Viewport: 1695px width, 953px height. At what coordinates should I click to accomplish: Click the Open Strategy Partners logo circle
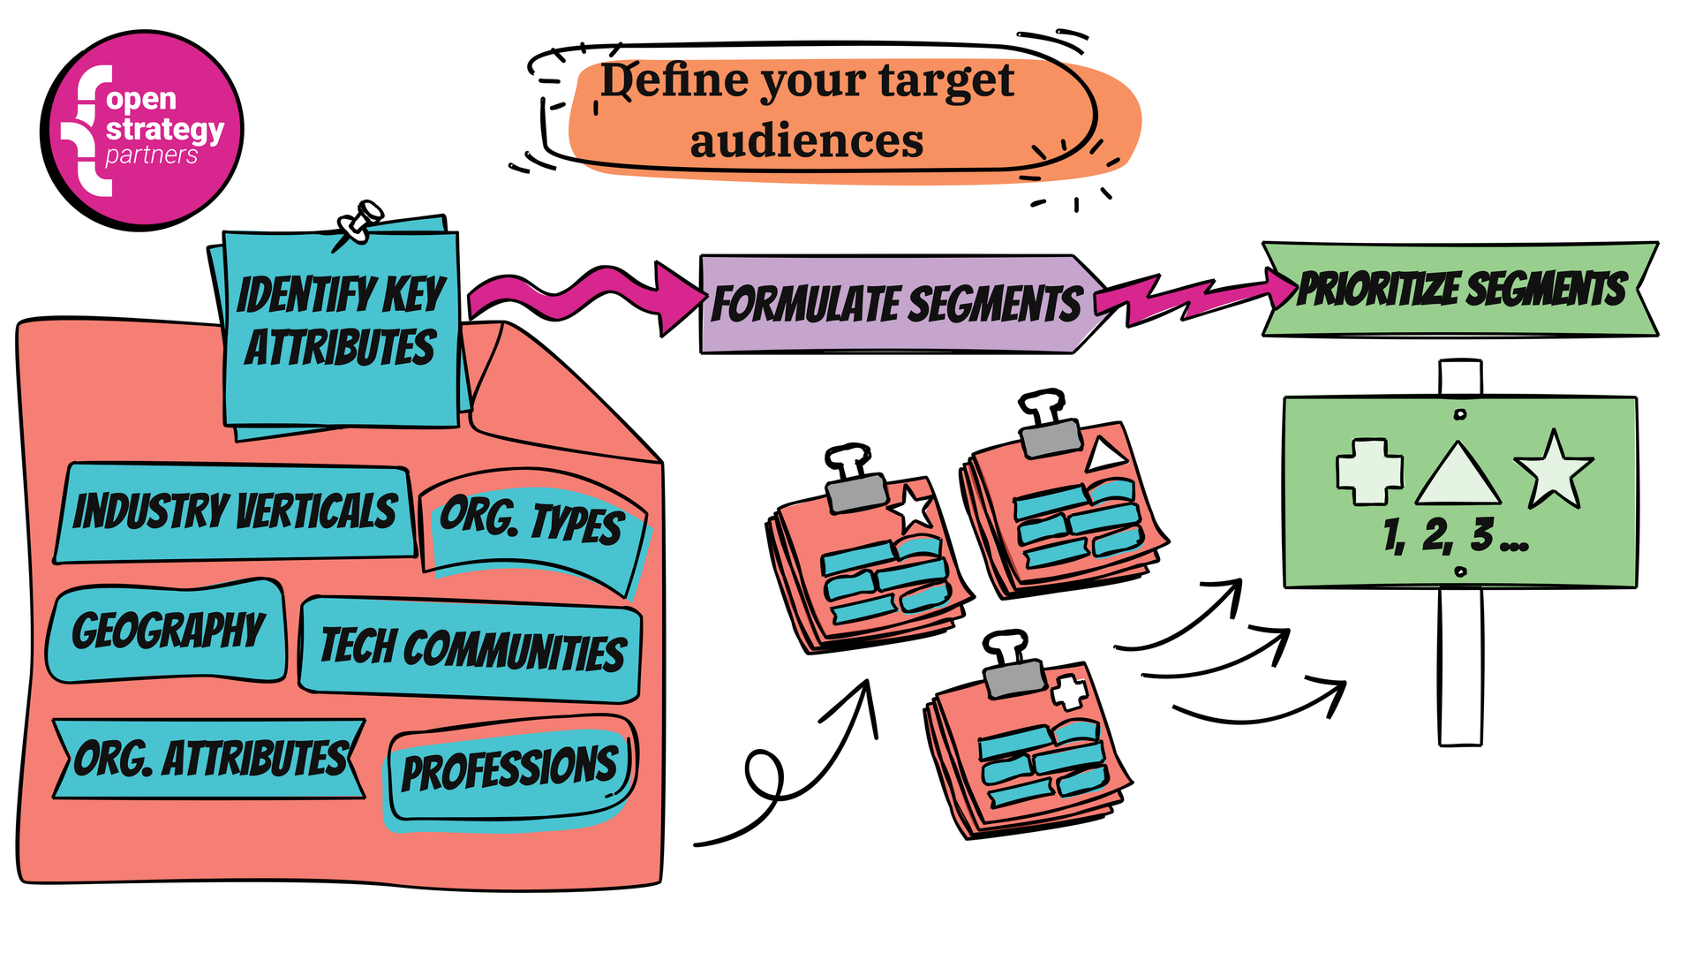coord(142,130)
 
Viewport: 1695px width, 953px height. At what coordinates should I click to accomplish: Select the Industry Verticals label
coord(235,512)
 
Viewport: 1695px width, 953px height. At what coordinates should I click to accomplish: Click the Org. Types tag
coord(532,520)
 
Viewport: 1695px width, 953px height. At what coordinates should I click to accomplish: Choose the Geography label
coord(168,631)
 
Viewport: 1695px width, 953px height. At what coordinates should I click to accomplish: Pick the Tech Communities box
coord(471,648)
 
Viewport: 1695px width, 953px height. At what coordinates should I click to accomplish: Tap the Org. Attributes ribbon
coord(210,759)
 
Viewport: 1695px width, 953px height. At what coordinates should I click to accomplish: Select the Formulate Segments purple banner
coord(896,305)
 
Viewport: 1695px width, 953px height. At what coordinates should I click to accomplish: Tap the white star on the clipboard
coord(912,509)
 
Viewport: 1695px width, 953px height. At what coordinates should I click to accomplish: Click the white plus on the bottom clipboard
coord(1070,692)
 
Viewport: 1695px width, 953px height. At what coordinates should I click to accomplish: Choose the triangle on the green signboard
coord(1458,475)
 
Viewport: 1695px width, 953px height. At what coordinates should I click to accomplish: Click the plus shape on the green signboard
coord(1369,472)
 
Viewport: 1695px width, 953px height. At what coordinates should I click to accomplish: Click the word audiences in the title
coord(807,141)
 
